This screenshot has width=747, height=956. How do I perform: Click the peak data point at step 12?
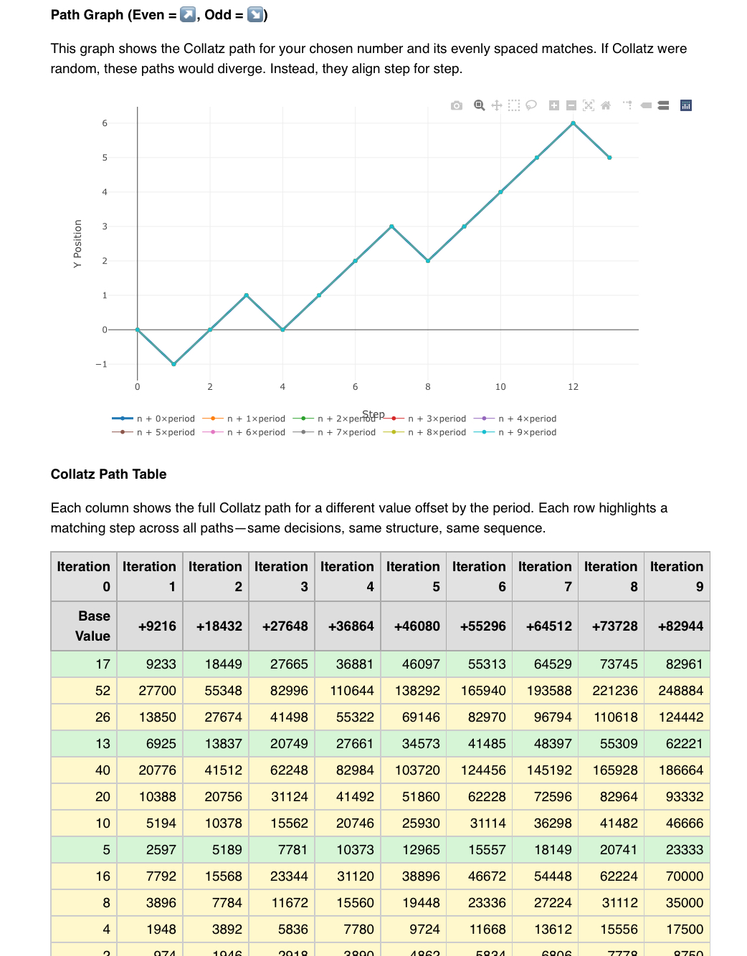[573, 123]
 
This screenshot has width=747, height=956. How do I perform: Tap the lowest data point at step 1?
[173, 364]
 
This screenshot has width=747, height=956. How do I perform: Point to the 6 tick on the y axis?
[105, 123]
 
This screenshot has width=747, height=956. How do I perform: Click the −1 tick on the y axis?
[102, 364]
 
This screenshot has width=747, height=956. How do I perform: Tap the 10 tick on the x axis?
[500, 387]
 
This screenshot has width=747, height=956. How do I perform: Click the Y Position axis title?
[77, 244]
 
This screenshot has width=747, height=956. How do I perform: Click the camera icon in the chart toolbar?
[457, 105]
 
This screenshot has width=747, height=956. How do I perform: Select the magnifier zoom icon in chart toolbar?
[480, 105]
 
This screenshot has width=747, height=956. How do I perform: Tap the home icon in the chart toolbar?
[606, 105]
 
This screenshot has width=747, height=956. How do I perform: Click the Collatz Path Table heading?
[108, 474]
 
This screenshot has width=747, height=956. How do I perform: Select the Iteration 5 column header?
[413, 576]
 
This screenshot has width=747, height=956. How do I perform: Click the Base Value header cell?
[84, 626]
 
